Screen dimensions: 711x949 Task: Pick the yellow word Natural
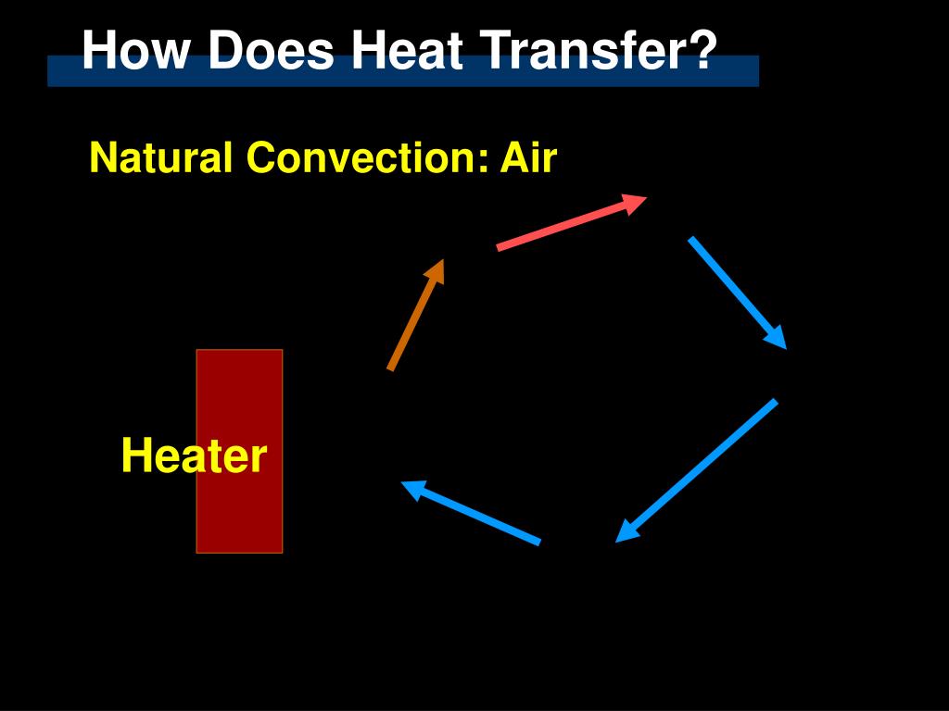coord(160,157)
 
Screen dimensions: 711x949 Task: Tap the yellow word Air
coord(528,157)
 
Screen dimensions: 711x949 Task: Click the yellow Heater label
coord(194,456)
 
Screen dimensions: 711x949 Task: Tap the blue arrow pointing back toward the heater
coord(473,513)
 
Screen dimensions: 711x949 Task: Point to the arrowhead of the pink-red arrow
coord(635,203)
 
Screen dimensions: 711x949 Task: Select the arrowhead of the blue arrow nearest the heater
coord(411,487)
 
